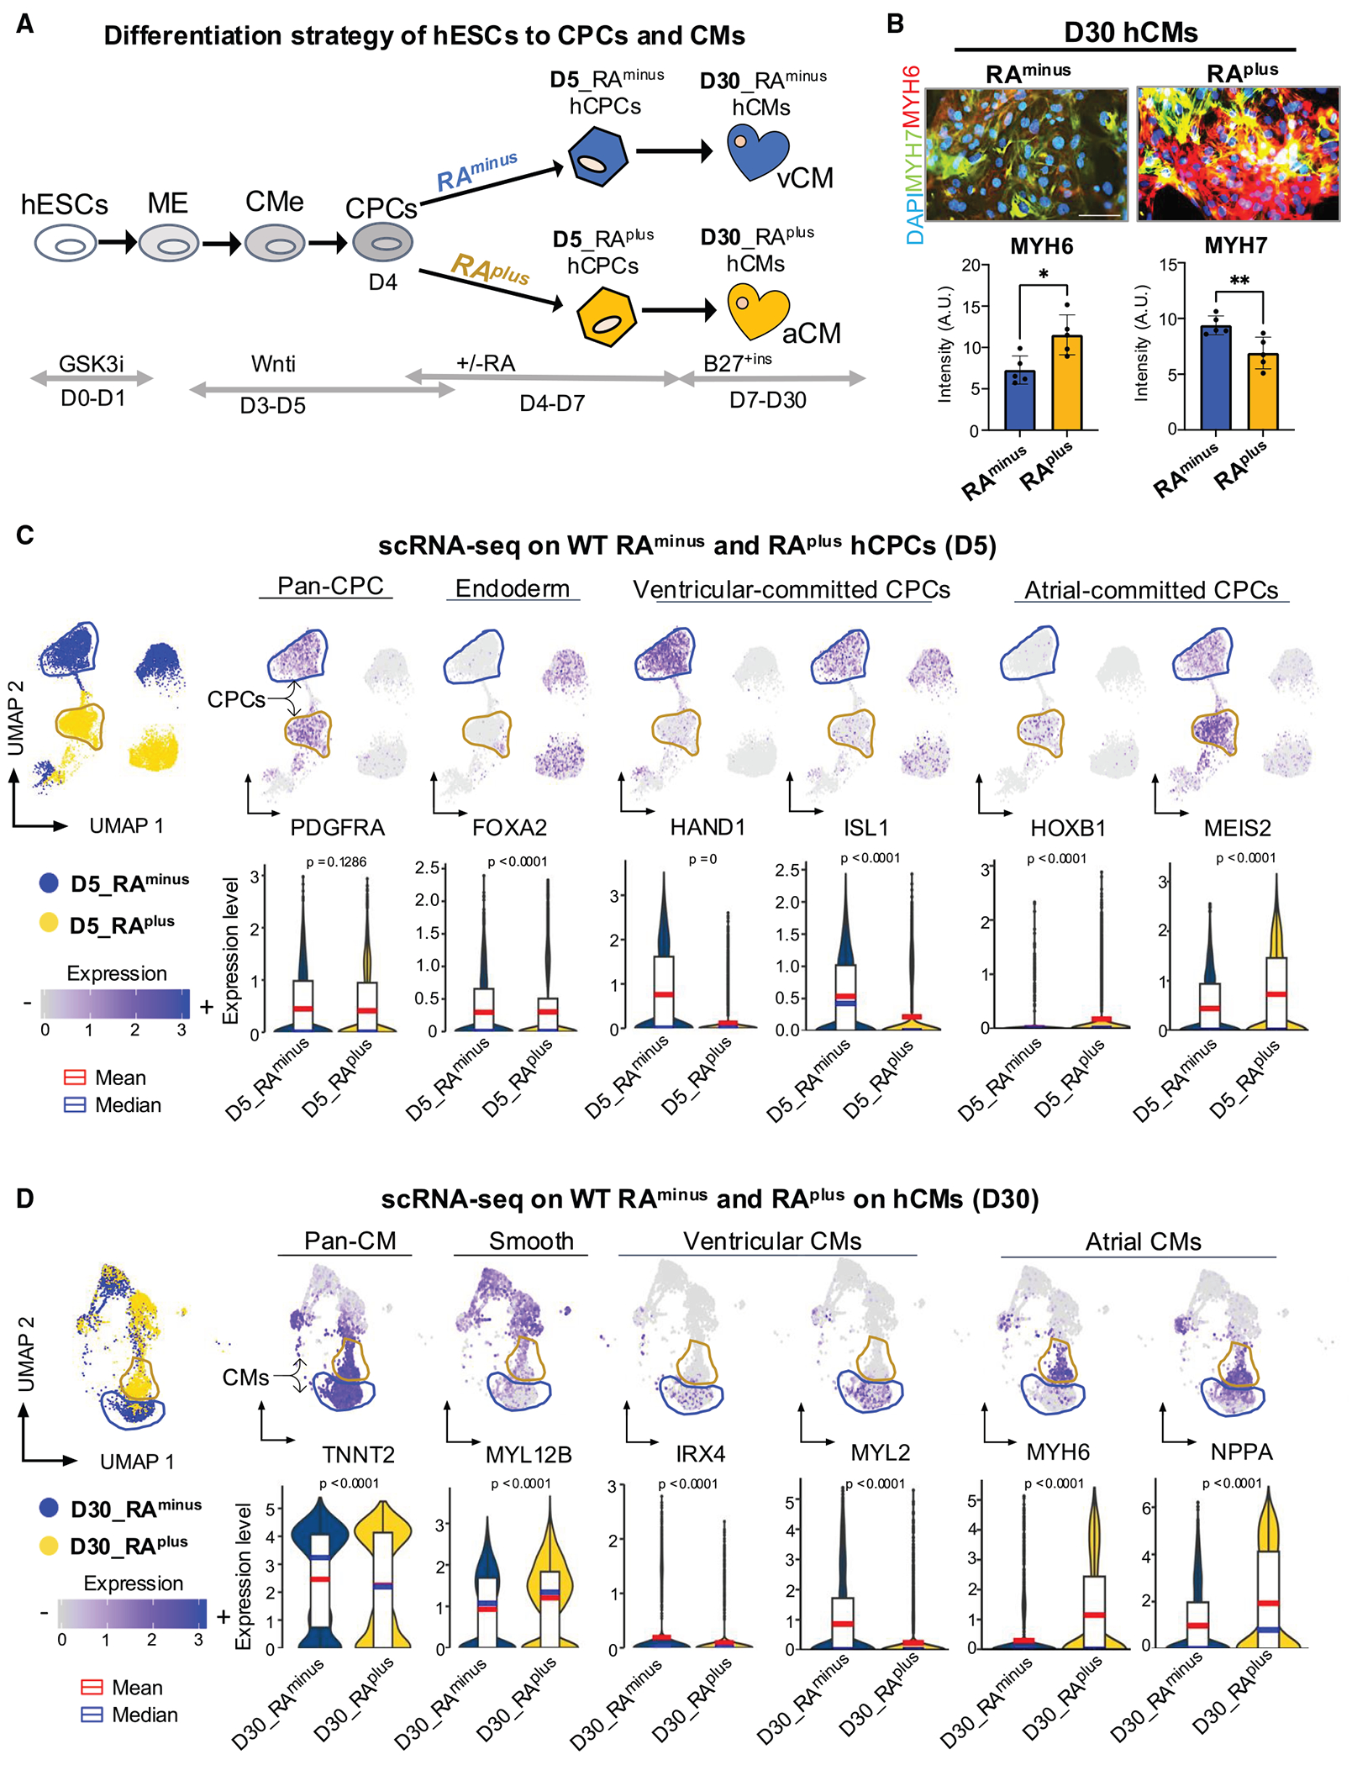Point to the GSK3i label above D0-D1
pos(91,364)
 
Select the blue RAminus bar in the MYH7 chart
pos(1215,377)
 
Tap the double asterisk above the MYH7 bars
pos(1239,281)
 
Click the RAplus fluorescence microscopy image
pos(1238,154)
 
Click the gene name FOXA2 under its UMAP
pos(509,828)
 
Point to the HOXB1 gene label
pos(1067,828)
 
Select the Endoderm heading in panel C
pos(512,588)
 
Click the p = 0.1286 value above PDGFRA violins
pos(336,862)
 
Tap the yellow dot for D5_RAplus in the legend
pos(49,923)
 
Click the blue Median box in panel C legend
pos(75,1105)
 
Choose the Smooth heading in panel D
pos(531,1241)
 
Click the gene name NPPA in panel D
pos(1241,1452)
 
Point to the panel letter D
pos(25,1198)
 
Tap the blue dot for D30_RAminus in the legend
pos(49,1507)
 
